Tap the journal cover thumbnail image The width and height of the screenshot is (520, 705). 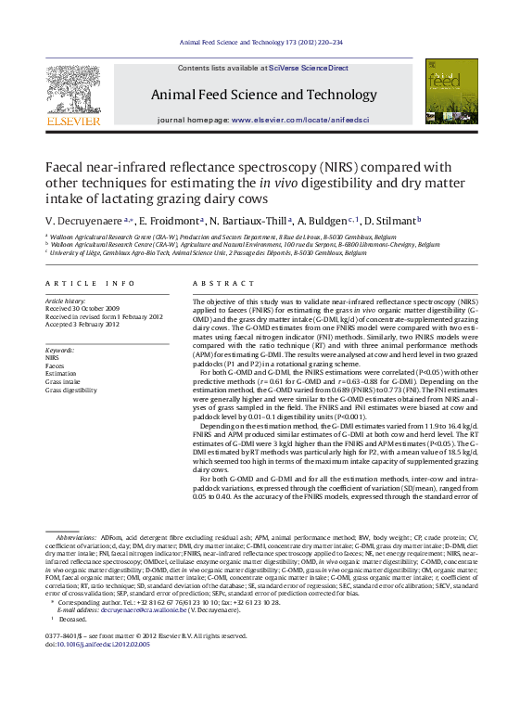pos(445,92)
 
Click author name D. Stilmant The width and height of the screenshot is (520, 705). pos(394,221)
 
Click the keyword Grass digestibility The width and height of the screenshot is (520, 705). pos(71,391)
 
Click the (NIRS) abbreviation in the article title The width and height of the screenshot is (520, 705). pos(305,167)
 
